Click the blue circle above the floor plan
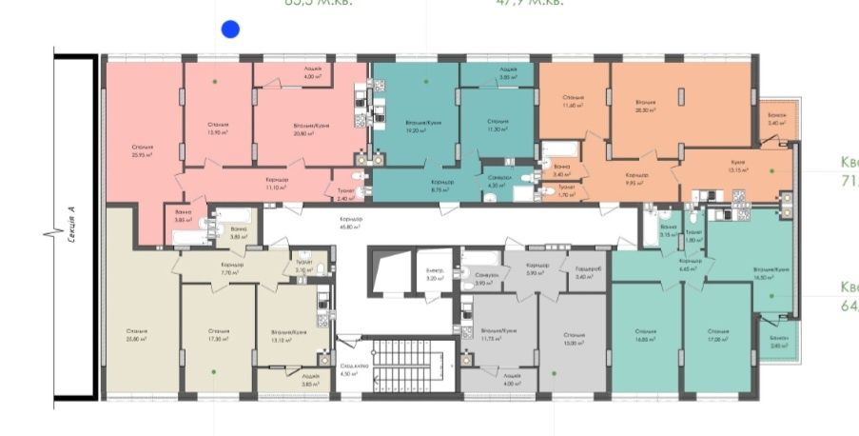(x=229, y=30)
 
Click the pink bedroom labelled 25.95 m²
(x=144, y=149)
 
